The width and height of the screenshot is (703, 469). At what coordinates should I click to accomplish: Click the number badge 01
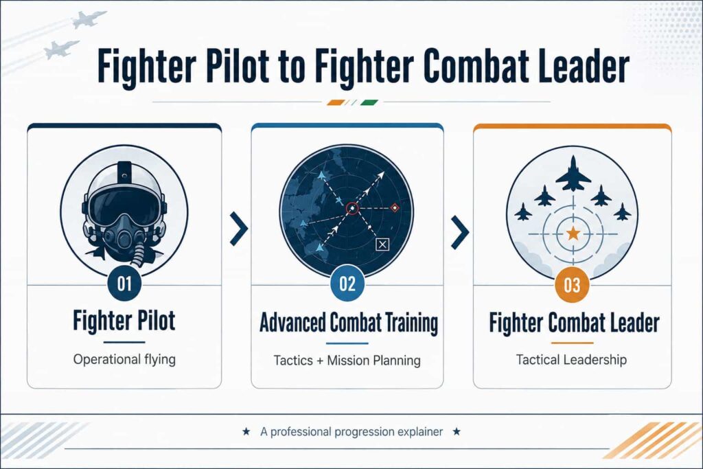tap(124, 284)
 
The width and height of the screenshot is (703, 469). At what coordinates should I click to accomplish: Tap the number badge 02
tap(347, 284)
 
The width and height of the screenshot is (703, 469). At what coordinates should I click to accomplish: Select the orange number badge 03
tap(572, 285)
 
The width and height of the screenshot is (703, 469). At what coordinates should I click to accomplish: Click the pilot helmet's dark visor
tap(124, 206)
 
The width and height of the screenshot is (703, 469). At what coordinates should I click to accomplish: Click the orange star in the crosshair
tap(573, 233)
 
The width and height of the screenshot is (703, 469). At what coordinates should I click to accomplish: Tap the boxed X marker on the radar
tap(382, 244)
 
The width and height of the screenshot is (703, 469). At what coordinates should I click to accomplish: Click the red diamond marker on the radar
tap(395, 207)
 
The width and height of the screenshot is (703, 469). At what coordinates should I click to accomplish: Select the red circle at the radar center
tap(352, 209)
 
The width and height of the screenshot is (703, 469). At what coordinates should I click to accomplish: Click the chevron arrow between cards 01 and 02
tap(239, 229)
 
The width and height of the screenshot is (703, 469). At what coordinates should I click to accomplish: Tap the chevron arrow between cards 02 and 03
tap(460, 232)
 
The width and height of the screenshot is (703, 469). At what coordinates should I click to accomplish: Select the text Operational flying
tap(124, 360)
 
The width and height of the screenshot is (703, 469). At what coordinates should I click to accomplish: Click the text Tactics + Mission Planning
tap(347, 361)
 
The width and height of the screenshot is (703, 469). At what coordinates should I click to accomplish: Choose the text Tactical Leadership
tap(571, 360)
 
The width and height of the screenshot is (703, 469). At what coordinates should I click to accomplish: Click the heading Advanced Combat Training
tap(349, 323)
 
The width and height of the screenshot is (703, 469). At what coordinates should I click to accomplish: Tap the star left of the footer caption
tap(246, 432)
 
